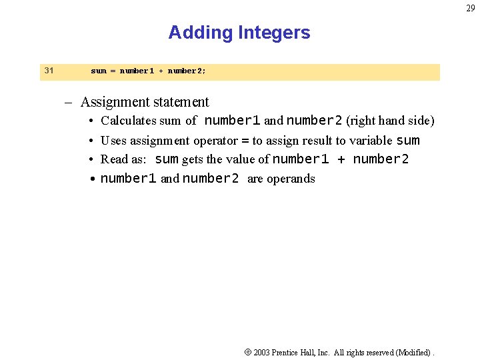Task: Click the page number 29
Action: pos(471,7)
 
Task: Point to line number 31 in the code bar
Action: pos(49,70)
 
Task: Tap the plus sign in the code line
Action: pos(161,71)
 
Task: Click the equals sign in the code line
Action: pos(113,71)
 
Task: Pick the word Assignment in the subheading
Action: pos(115,102)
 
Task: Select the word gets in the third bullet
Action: pos(193,159)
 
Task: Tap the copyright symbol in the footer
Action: pos(247,352)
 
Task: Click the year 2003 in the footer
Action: pos(262,352)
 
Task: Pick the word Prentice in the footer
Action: pos(287,352)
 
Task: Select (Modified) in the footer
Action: pos(413,352)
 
